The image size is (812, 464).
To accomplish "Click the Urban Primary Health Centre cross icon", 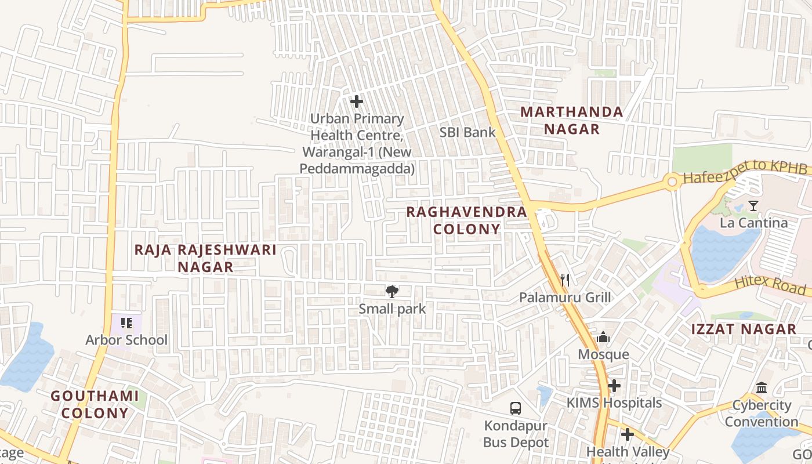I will [x=357, y=102].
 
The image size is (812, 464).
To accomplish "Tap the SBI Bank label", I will [x=467, y=132].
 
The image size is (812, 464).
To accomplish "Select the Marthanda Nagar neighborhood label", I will [x=571, y=120].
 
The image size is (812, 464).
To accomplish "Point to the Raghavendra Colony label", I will [x=466, y=220].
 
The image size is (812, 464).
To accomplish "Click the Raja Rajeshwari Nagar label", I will [x=205, y=258].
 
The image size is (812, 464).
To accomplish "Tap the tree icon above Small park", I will [x=392, y=291].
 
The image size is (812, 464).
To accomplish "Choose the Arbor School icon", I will [x=126, y=323].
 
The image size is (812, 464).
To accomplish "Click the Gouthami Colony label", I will [x=95, y=404].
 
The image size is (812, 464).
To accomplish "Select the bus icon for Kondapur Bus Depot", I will [x=516, y=408].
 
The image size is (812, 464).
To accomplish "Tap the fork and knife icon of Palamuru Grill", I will [x=565, y=280].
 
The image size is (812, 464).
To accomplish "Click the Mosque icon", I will [x=603, y=337].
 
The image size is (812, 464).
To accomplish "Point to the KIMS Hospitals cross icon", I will [x=614, y=386].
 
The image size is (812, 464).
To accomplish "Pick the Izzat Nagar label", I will [x=744, y=329].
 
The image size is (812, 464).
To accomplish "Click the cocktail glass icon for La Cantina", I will [x=753, y=205].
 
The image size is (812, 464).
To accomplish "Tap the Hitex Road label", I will [x=770, y=285].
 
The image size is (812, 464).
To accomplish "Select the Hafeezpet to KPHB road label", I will [x=745, y=173].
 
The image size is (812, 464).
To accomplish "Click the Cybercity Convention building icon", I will [x=762, y=387].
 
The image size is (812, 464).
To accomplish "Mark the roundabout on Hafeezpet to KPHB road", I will [x=672, y=182].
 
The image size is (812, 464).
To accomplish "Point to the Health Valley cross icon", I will [x=627, y=434].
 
